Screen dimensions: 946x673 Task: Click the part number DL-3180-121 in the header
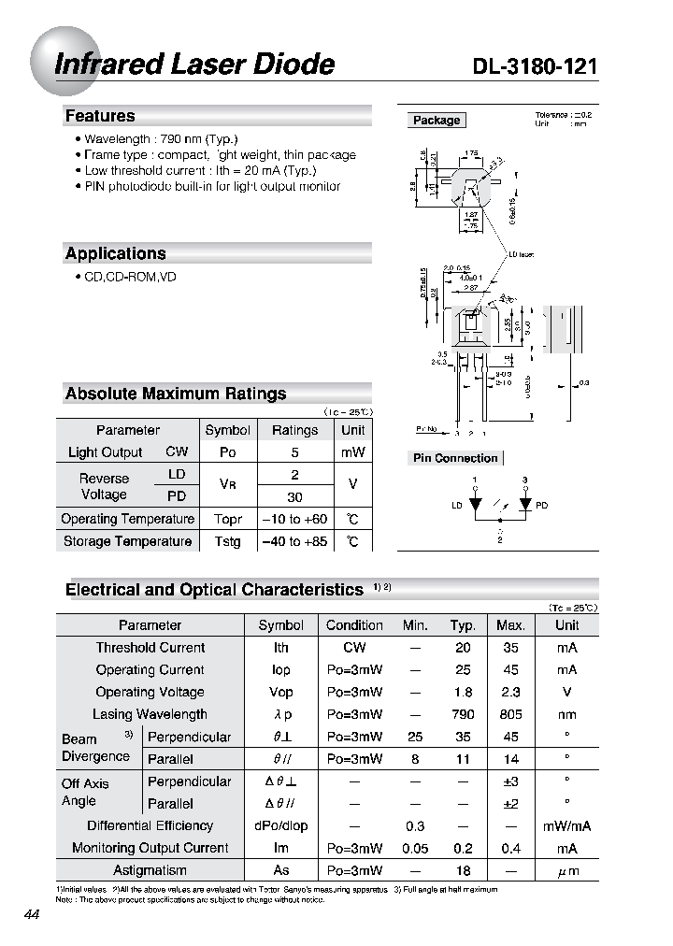(x=535, y=65)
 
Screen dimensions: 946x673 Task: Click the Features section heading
(x=100, y=116)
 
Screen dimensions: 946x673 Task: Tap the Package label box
(x=437, y=121)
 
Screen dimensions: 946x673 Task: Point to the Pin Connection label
(x=455, y=458)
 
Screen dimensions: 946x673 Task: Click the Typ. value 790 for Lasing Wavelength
(x=463, y=714)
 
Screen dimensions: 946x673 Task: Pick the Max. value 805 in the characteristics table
(x=510, y=714)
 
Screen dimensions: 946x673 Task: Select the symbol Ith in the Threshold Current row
(x=280, y=647)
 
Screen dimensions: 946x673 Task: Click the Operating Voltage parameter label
(x=150, y=692)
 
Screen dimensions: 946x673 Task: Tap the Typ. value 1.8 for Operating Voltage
(x=463, y=692)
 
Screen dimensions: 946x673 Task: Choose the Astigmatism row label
(x=150, y=870)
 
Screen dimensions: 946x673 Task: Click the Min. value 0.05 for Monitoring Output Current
(x=415, y=848)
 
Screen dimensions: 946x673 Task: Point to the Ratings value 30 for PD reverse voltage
(x=294, y=496)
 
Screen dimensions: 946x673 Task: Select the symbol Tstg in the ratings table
(x=227, y=541)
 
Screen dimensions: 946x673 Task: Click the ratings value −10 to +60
(x=294, y=519)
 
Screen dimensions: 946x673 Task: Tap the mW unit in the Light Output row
(x=352, y=452)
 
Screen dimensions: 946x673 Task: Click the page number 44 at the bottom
(x=31, y=915)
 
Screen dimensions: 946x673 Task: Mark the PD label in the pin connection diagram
(x=541, y=506)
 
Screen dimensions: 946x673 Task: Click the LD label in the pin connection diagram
(x=457, y=506)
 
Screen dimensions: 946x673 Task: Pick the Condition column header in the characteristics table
(x=354, y=625)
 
